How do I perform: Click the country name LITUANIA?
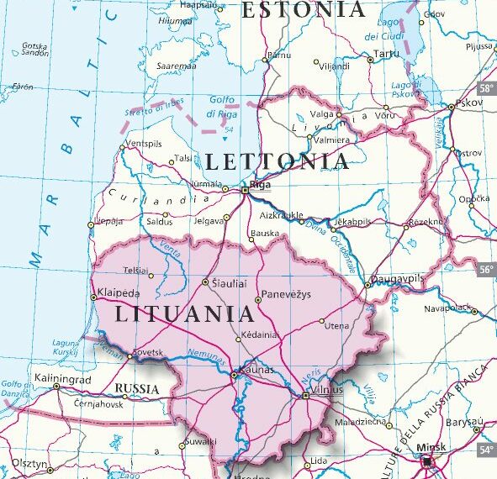[184, 315]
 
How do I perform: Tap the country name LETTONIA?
[276, 162]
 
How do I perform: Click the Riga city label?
[262, 187]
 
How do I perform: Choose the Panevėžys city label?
[287, 294]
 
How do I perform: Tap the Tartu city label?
[386, 53]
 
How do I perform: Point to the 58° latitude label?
[486, 88]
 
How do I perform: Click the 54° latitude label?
[486, 450]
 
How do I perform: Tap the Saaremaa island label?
[177, 66]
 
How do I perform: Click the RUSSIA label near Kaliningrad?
[136, 388]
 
